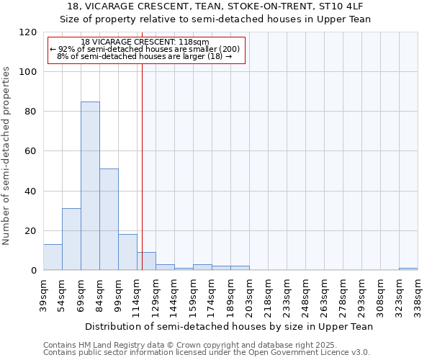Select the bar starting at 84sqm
click(x=109, y=220)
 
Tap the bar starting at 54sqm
click(x=71, y=239)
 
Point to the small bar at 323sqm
click(x=408, y=269)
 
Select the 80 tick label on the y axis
click(x=31, y=112)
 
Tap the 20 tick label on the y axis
click(x=31, y=231)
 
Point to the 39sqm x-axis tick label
click(x=44, y=295)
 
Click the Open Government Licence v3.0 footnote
click(x=207, y=352)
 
